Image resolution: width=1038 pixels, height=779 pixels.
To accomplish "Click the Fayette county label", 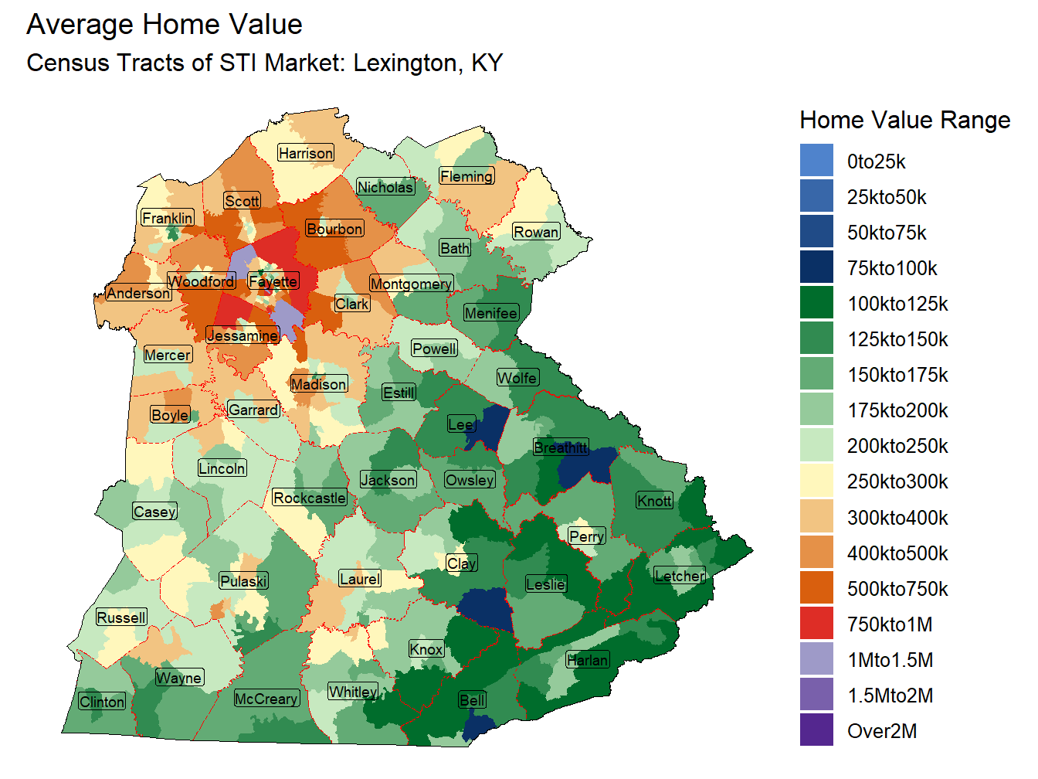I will click(x=273, y=281).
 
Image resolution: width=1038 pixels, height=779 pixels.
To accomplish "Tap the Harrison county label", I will click(x=306, y=153).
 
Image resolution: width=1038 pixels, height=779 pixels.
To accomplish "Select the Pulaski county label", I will click(x=243, y=581).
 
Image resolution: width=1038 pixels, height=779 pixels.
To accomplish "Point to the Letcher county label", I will click(x=680, y=576).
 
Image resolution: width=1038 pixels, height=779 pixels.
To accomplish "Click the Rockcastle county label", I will click(x=310, y=498).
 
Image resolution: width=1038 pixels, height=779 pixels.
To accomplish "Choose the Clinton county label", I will click(x=102, y=702).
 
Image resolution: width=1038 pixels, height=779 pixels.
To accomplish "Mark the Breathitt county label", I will click(x=561, y=447).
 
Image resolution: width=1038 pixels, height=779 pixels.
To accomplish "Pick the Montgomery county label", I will click(x=411, y=284).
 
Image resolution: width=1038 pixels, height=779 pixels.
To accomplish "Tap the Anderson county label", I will click(x=138, y=293).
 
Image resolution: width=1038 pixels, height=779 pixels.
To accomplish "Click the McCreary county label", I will click(x=266, y=699).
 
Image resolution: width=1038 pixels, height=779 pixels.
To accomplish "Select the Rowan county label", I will click(x=536, y=232).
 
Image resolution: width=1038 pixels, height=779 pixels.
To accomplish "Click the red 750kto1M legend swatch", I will click(x=816, y=624).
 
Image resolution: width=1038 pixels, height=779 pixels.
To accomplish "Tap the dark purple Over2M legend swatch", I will click(x=816, y=730).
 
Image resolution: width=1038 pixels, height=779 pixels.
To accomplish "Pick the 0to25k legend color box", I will click(x=816, y=161).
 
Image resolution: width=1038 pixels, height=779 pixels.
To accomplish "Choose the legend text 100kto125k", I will click(x=897, y=304).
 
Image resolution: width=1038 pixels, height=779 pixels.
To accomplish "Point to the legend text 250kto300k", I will click(x=897, y=481).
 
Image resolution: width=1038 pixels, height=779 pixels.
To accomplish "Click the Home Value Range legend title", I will click(x=904, y=120).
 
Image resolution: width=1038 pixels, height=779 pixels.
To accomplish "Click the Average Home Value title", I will click(x=165, y=25).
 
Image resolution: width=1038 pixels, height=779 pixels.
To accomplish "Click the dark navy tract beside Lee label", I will click(x=490, y=427).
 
